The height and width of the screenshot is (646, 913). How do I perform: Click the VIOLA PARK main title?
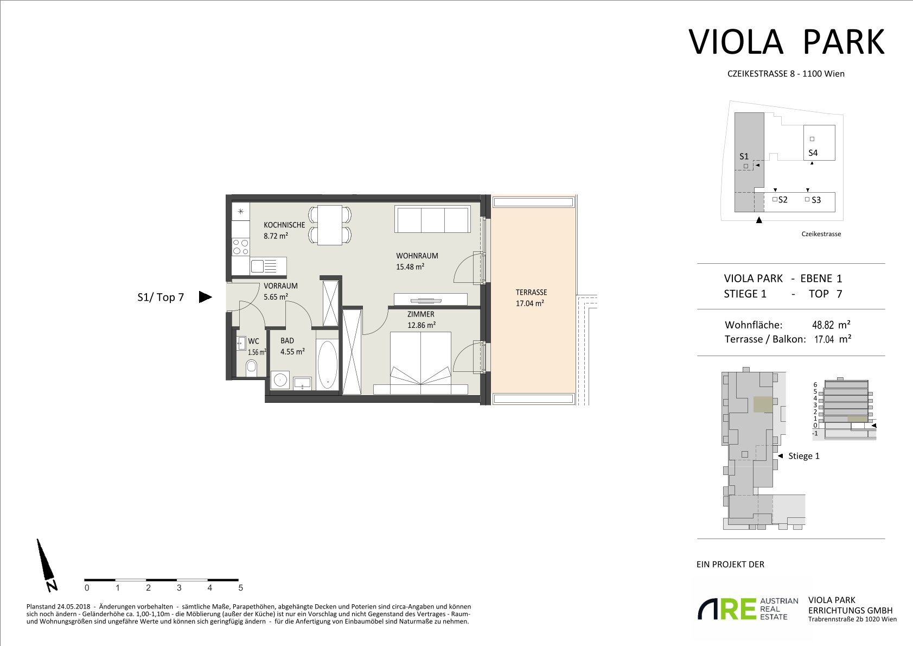coord(786,42)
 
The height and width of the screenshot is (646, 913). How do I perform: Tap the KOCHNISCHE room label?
coord(284,225)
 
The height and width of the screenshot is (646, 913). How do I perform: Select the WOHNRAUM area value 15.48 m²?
coord(410,267)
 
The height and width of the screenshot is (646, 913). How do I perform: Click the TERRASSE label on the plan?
coord(531,292)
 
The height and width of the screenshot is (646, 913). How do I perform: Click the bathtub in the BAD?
coord(327,365)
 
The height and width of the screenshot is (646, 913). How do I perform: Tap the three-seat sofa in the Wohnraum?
coord(432,219)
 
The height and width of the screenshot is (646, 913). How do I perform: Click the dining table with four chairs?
coord(330,225)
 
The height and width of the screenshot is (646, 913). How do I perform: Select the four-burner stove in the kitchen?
coord(240,247)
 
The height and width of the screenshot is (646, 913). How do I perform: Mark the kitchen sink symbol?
coord(268,267)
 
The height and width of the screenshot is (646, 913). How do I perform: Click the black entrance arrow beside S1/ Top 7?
coord(206,297)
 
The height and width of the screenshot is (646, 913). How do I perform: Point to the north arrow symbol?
coord(47,565)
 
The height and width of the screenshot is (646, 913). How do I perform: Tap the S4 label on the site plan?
coord(813,153)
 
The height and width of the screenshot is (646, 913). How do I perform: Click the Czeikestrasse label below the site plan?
coord(821,233)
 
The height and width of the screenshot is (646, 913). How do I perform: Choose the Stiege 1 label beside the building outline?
coord(804,456)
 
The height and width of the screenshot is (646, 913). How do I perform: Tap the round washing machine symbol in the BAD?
coord(280,379)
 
